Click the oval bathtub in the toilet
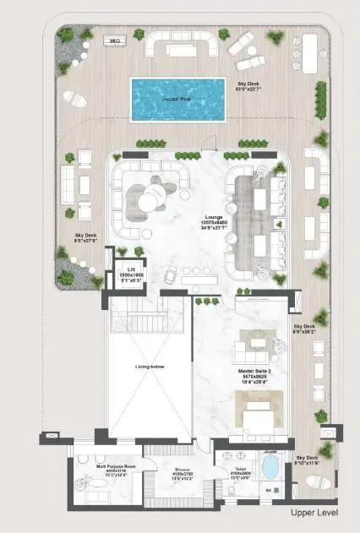pyautogui.click(x=271, y=468)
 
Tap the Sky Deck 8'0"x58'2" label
pyautogui.click(x=303, y=329)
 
